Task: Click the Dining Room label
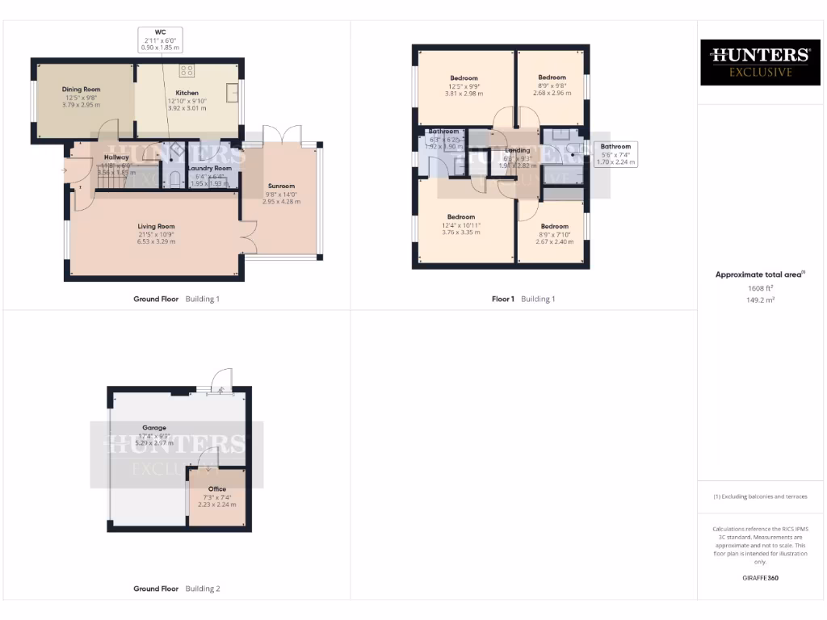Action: click(80, 90)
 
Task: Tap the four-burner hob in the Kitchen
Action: click(187, 70)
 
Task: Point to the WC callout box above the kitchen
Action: click(160, 39)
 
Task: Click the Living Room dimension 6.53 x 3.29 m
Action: click(156, 241)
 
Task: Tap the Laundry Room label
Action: click(209, 168)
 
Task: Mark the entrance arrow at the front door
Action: click(64, 170)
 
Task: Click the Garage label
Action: click(154, 428)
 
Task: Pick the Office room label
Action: click(216, 489)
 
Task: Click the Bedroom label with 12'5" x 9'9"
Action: click(464, 78)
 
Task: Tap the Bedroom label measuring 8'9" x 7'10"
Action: click(554, 227)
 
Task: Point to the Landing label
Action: click(518, 150)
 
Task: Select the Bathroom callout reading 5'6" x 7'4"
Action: click(615, 153)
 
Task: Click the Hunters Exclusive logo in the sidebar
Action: click(759, 62)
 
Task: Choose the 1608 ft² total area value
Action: click(760, 287)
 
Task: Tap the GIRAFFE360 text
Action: click(760, 578)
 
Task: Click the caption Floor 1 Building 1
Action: click(523, 299)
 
